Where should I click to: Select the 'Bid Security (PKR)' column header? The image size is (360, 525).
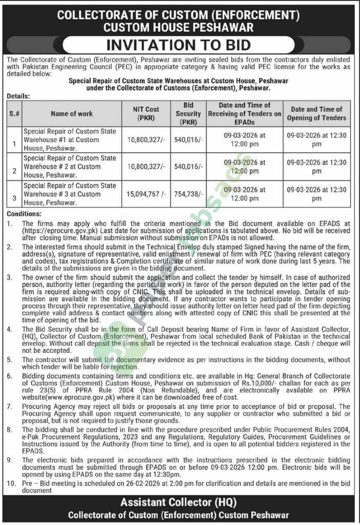click(188, 113)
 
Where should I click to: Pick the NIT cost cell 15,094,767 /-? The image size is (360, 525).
click(147, 194)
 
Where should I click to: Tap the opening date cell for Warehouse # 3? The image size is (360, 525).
click(317, 194)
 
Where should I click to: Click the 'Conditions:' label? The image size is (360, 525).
click(25, 214)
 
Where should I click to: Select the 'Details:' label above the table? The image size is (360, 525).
click(19, 95)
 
